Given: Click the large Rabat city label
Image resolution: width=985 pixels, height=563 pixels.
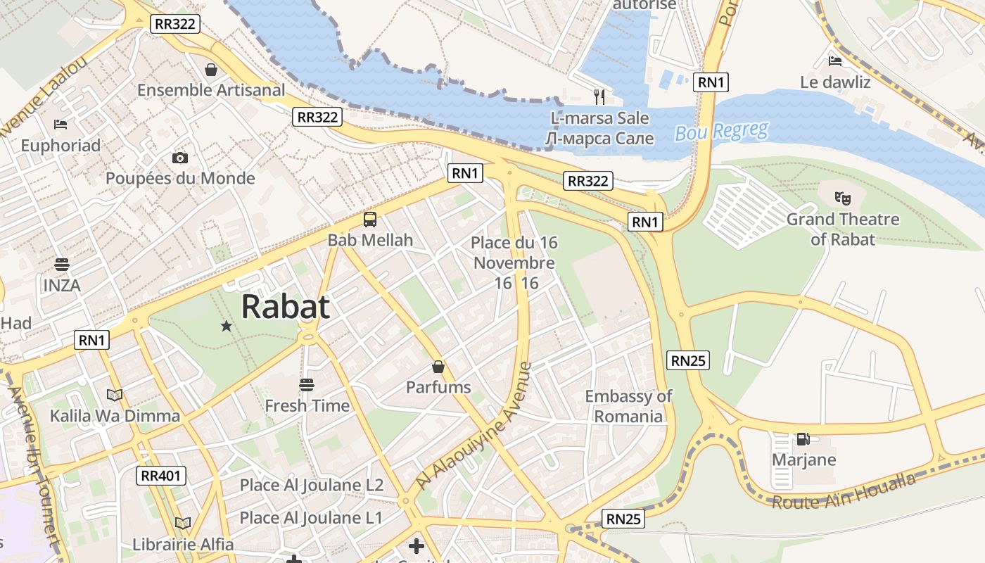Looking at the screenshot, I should point(285,307).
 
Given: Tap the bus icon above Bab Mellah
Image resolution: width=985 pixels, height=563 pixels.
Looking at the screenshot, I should point(370,220).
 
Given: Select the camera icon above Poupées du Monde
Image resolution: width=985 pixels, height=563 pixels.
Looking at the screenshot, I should point(180,158).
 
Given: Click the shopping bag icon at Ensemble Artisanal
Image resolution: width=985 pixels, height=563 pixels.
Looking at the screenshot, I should point(210,70).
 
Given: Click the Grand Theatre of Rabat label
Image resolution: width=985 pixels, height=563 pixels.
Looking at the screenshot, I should point(842,229).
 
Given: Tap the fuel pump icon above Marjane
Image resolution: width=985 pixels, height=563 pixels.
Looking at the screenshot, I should point(803,439).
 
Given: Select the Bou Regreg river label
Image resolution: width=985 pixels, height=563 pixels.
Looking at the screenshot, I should point(721,132).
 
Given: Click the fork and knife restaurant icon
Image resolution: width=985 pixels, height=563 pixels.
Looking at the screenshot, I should point(599,96).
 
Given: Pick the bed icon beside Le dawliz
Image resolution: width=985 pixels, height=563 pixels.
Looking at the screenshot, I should point(835,61).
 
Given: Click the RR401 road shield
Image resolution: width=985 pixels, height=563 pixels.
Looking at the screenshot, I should point(161,476).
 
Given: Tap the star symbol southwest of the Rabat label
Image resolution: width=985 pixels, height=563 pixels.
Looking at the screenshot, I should point(227,326).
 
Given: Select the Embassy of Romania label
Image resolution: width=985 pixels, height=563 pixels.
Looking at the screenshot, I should point(628,406).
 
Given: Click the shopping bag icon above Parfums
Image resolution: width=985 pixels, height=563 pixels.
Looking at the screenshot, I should point(438,367).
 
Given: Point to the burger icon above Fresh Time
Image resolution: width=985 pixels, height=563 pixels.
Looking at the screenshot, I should point(306,385).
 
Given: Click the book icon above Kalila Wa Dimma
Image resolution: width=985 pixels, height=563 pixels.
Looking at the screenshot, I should point(115,395).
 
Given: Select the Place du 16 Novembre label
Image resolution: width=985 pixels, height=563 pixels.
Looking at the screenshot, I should point(514,262).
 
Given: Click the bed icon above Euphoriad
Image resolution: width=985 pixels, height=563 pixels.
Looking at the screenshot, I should point(61,125).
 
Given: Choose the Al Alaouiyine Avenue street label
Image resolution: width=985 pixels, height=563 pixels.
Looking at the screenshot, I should point(474,426).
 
